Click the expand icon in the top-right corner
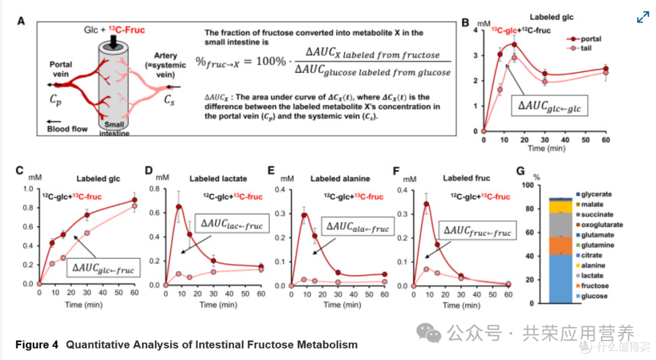[643, 17]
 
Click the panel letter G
[521, 171]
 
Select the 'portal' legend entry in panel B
[584, 39]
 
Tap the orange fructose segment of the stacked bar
[560, 246]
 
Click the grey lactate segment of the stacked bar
[560, 225]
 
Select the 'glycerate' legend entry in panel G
[593, 194]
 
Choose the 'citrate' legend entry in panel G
[589, 256]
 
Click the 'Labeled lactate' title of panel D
[218, 179]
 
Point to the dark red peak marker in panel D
[179, 207]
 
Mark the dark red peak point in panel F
[426, 204]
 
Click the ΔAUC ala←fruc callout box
[358, 226]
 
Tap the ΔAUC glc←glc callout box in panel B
[549, 106]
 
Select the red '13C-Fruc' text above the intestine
[127, 30]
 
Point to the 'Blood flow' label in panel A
[67, 129]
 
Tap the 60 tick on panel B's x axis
[606, 140]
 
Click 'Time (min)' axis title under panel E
[342, 305]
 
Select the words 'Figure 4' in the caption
[37, 345]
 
